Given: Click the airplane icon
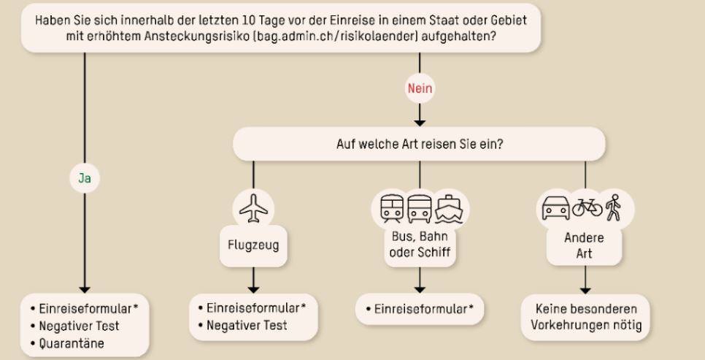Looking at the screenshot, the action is click(x=253, y=208).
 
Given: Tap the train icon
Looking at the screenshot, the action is click(x=392, y=209).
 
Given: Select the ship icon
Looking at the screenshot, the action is click(x=448, y=209).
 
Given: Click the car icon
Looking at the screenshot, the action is click(x=555, y=208).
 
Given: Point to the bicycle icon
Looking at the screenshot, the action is click(x=587, y=207).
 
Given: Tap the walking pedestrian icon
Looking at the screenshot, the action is click(x=613, y=207).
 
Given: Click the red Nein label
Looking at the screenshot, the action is click(x=420, y=88).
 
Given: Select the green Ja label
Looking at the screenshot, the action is click(x=85, y=178).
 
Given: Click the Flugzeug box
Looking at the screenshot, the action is click(x=253, y=245).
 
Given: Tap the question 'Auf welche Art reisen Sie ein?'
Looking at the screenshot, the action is click(x=420, y=144).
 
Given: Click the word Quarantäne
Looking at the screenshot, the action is click(x=72, y=344).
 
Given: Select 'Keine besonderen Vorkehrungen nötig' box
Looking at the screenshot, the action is click(x=585, y=317).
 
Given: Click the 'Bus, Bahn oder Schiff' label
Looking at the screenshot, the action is click(x=420, y=245).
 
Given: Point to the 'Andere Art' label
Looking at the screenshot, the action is click(x=584, y=245).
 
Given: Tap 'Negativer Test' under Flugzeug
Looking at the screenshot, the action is click(x=247, y=326).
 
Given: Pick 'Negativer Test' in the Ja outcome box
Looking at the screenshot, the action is click(x=79, y=326).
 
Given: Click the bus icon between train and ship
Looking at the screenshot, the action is click(x=420, y=209).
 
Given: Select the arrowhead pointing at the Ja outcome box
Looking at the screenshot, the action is click(x=85, y=290).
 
